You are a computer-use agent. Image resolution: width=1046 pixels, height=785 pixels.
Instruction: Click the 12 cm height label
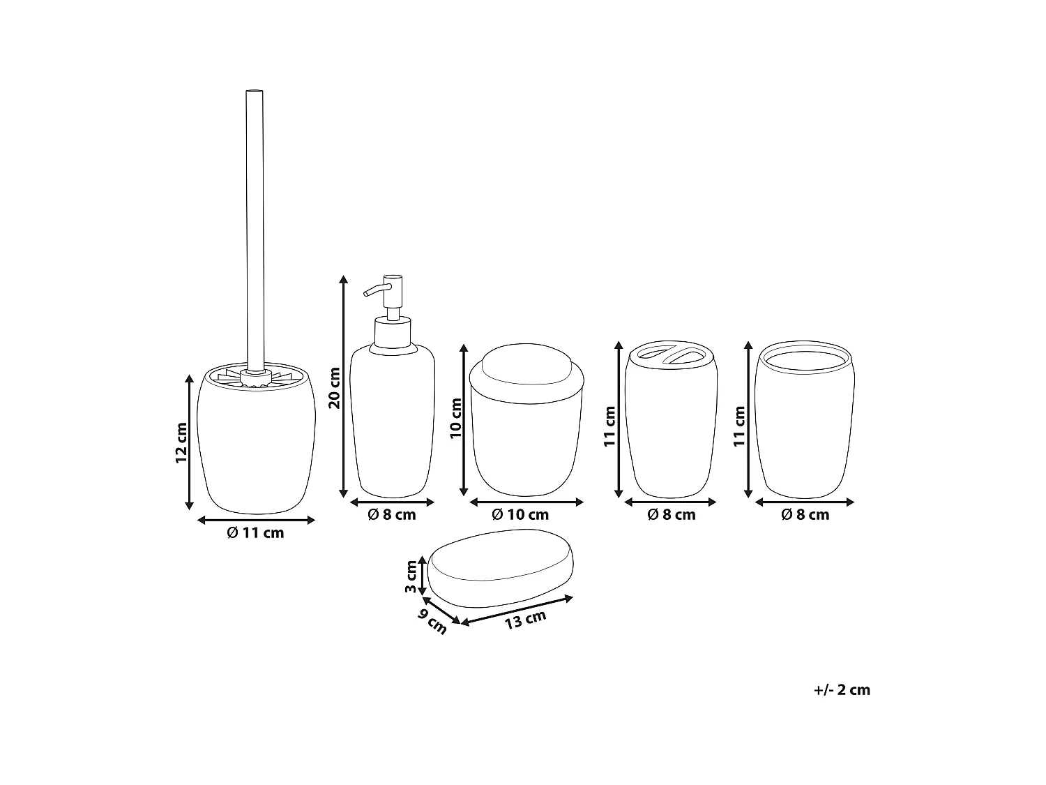point(181,442)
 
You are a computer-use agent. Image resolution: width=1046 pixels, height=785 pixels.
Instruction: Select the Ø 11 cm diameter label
point(256,533)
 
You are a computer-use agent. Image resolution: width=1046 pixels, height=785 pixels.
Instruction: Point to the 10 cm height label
point(457,419)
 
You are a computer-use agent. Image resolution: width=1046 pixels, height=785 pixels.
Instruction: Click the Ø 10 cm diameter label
point(520,515)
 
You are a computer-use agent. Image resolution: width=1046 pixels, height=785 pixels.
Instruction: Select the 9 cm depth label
point(432,621)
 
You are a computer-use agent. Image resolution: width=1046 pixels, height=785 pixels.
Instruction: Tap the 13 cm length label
point(526,619)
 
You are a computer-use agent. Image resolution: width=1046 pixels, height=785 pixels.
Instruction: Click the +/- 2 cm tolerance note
point(842,690)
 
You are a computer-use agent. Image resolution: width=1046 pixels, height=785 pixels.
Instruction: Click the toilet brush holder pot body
point(256,447)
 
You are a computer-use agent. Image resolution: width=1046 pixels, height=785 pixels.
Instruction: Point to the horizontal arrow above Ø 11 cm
point(257,520)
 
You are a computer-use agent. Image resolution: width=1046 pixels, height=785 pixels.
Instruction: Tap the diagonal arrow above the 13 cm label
point(516,609)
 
